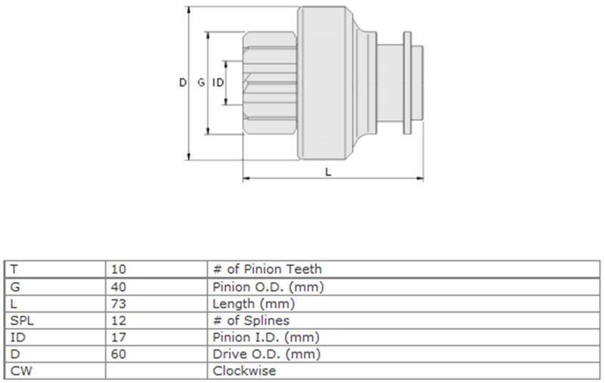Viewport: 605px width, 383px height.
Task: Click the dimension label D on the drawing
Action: (182, 82)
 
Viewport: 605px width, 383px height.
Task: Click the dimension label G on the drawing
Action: (201, 82)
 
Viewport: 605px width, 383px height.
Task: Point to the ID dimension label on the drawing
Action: (218, 82)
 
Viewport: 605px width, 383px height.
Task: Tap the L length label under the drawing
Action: (328, 171)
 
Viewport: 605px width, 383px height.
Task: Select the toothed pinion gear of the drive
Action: (270, 83)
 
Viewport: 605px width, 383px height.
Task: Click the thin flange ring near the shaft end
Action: (407, 83)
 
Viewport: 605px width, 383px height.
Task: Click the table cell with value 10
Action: (119, 269)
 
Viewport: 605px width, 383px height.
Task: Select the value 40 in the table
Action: (119, 287)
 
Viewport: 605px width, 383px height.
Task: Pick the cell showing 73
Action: (119, 304)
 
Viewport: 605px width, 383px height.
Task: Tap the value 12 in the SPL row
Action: (119, 320)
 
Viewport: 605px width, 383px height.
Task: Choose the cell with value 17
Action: (119, 338)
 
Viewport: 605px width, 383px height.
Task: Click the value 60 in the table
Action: (119, 354)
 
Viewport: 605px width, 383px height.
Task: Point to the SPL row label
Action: (22, 320)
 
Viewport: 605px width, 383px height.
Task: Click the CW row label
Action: (21, 371)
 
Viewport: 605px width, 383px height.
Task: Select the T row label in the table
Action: (14, 269)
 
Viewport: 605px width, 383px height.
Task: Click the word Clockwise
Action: (244, 371)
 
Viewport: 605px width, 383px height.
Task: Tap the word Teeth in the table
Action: (304, 269)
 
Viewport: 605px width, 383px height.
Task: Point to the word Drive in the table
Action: (229, 354)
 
